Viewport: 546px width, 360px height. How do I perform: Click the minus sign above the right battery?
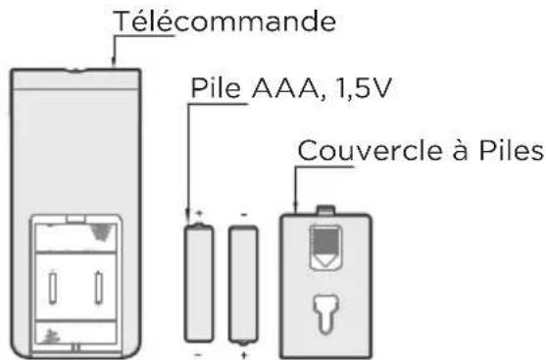tap(242, 212)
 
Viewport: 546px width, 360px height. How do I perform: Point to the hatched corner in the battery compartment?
tap(100, 231)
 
